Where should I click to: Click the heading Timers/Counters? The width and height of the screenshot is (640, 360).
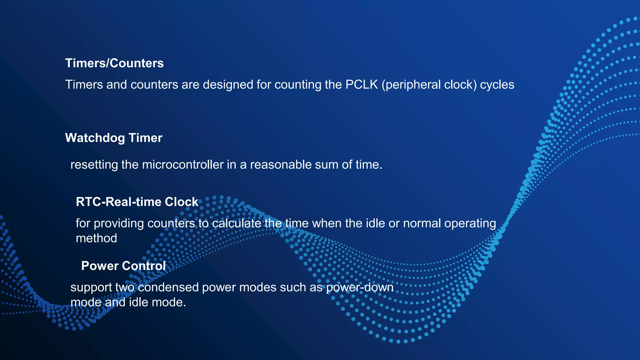[114, 63]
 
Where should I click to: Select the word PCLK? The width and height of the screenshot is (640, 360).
[362, 85]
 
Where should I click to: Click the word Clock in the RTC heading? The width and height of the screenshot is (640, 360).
[182, 202]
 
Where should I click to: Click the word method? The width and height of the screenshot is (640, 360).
[96, 238]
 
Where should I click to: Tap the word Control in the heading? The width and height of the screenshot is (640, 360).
[144, 266]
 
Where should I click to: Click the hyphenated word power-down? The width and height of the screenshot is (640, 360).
[360, 287]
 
